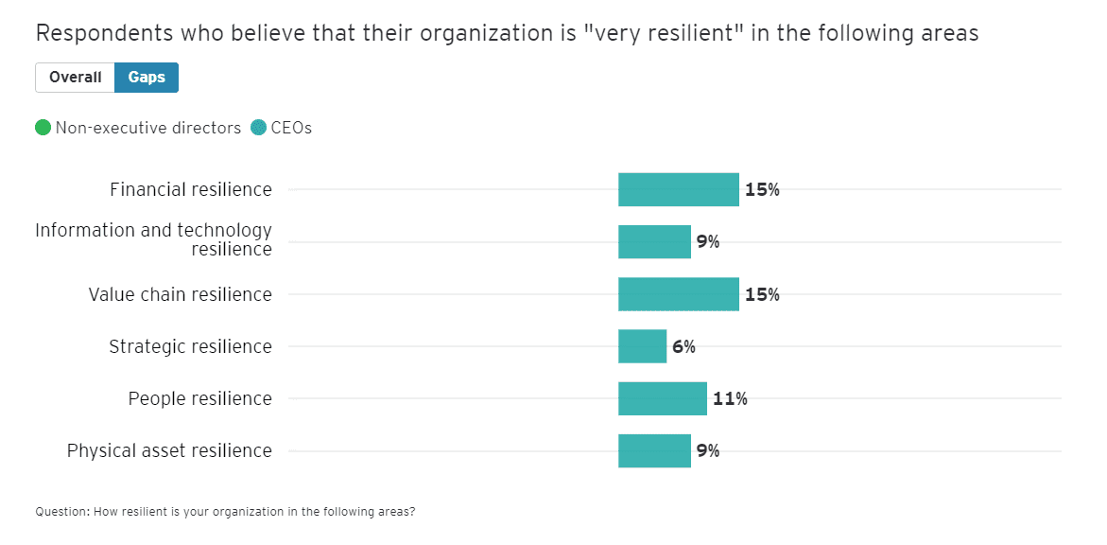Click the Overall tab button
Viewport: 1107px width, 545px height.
(75, 78)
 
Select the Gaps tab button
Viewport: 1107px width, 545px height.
(147, 78)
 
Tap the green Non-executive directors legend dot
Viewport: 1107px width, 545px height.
(43, 128)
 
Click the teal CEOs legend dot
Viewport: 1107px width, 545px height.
(259, 128)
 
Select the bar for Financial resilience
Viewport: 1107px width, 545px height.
(678, 189)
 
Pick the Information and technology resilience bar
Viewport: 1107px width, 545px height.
(654, 241)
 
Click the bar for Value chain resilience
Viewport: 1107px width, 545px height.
(678, 294)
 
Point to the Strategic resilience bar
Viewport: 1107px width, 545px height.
(642, 346)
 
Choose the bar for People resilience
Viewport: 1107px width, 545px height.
(662, 398)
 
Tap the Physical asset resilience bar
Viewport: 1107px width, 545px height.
(654, 450)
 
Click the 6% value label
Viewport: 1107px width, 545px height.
(683, 346)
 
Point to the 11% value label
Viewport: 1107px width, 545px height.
(730, 398)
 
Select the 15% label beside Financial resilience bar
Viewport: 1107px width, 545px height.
(762, 189)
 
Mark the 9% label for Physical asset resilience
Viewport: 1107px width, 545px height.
(708, 450)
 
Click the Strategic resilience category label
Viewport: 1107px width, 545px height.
(190, 346)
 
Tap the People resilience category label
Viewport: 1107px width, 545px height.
(199, 398)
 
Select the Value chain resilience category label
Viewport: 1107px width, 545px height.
(180, 294)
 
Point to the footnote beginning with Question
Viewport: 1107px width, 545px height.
(225, 512)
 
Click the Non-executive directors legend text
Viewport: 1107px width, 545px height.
(148, 128)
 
